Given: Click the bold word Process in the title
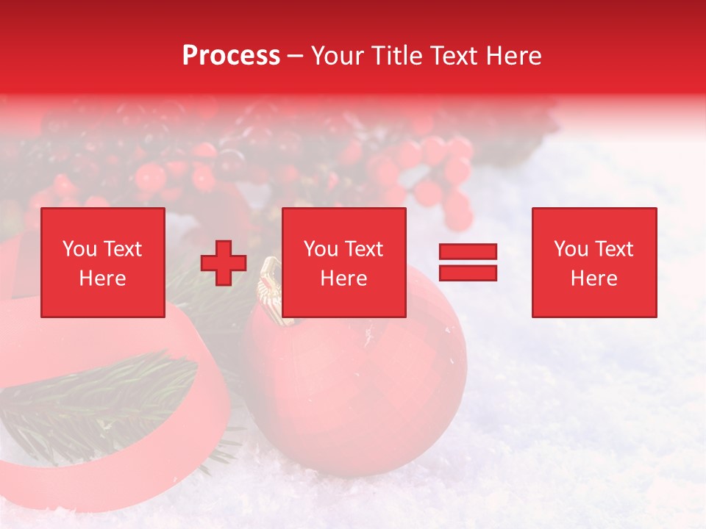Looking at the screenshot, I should pyautogui.click(x=231, y=56).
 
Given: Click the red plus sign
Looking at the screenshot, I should pyautogui.click(x=224, y=263).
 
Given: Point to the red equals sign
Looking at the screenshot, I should pyautogui.click(x=468, y=262).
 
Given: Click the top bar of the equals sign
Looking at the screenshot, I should pyautogui.click(x=468, y=252).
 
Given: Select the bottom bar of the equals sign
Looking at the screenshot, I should pyautogui.click(x=468, y=273).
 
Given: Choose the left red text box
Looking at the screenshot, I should pyautogui.click(x=103, y=262).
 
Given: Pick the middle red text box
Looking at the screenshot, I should pyautogui.click(x=344, y=262).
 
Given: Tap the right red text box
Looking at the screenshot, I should pyautogui.click(x=594, y=262).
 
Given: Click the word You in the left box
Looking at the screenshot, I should pyautogui.click(x=79, y=249).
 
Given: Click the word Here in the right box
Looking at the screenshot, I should pyautogui.click(x=594, y=278).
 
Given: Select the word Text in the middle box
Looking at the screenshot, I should pyautogui.click(x=364, y=249).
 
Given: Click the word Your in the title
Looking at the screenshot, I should pyautogui.click(x=338, y=56).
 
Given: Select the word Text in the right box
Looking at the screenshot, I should pyautogui.click(x=614, y=249).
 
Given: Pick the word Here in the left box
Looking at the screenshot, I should pyautogui.click(x=103, y=278).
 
